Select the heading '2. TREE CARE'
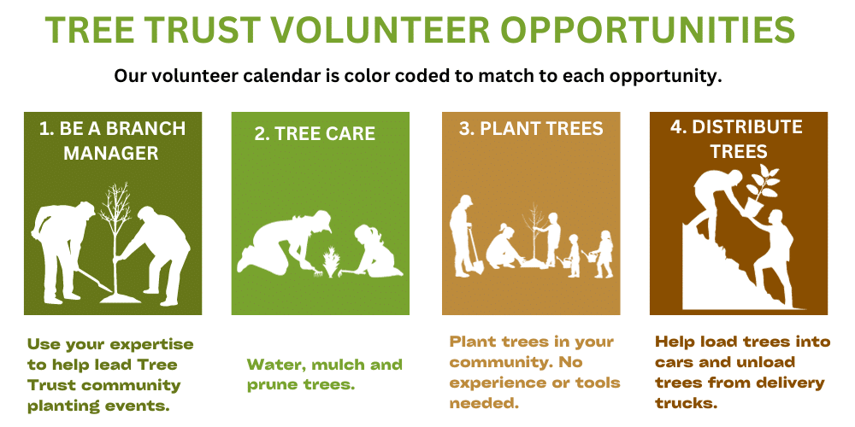[x=315, y=133]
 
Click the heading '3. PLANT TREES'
[x=531, y=129]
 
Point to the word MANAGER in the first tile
[x=111, y=153]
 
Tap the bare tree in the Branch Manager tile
[x=115, y=240]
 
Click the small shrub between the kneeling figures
[x=329, y=262]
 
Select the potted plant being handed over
[x=761, y=190]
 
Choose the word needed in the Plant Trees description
[x=482, y=404]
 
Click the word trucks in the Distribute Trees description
[x=686, y=404]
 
